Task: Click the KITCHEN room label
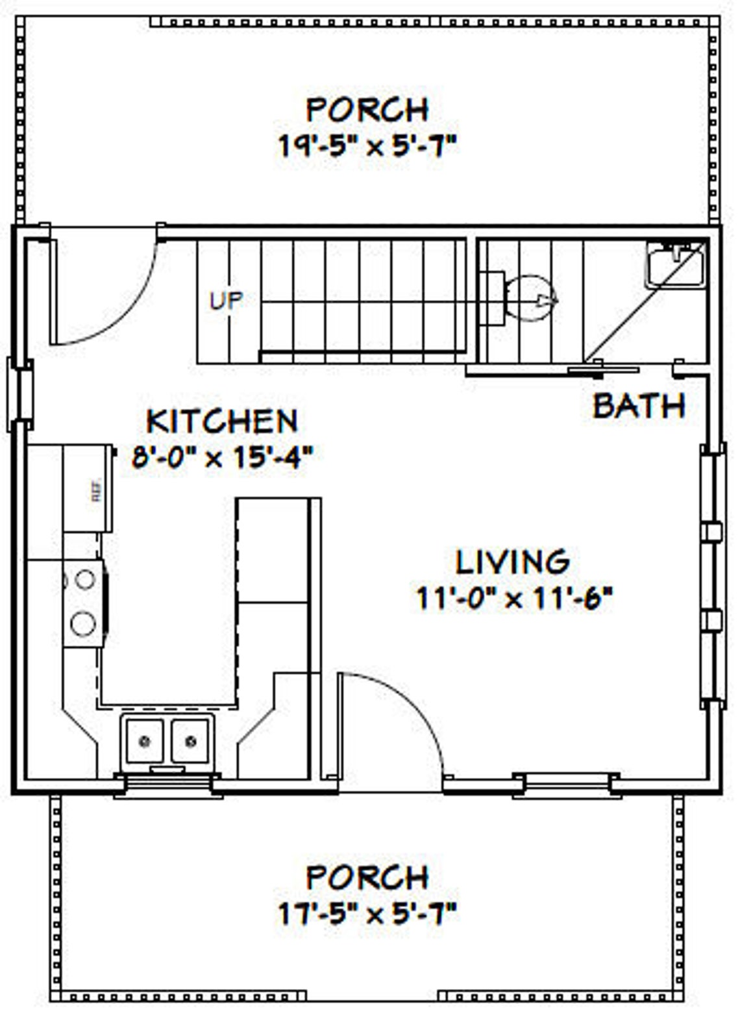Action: click(x=222, y=421)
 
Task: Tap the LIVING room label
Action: click(x=513, y=562)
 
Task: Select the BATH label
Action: click(x=639, y=406)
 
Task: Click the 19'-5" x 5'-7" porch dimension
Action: click(x=368, y=146)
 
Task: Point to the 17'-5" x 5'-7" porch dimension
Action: click(x=368, y=914)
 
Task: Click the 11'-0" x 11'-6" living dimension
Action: click(x=514, y=598)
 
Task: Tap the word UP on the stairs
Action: click(x=226, y=300)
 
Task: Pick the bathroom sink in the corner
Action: click(x=675, y=264)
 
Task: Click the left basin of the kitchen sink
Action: click(x=145, y=740)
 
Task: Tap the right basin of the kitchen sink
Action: click(x=190, y=740)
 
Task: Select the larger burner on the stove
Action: click(x=83, y=624)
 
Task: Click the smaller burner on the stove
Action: click(x=84, y=579)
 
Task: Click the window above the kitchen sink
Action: click(x=168, y=784)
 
